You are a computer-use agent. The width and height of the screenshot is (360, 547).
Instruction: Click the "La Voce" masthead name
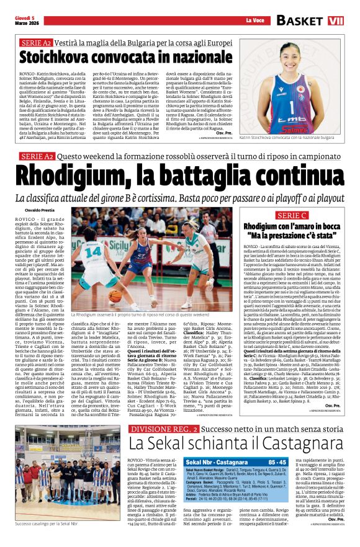pos(255,21)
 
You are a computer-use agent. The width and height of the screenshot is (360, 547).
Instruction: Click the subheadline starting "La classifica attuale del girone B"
pos(179,197)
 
